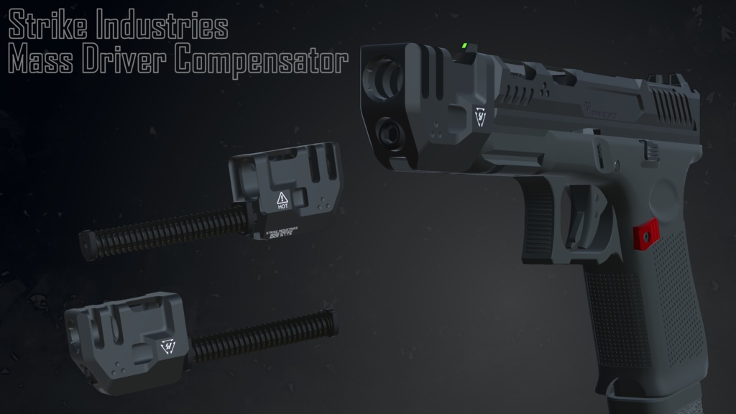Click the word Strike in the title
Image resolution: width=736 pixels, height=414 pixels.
coord(48,27)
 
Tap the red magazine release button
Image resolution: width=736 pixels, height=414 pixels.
coord(645,233)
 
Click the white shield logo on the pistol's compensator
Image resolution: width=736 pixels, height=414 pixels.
coord(479,115)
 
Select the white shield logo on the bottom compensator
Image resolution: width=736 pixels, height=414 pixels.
coord(168,346)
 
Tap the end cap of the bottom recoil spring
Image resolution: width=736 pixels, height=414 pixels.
coord(331,322)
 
